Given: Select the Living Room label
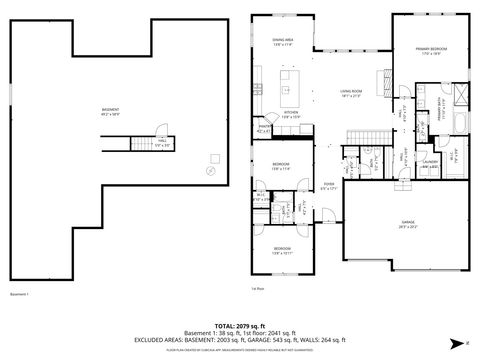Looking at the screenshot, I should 349,92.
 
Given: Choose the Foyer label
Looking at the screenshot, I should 328,186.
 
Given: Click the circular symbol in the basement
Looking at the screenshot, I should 209,171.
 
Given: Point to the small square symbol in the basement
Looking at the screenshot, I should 215,158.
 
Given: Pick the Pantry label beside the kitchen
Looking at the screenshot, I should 265,127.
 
